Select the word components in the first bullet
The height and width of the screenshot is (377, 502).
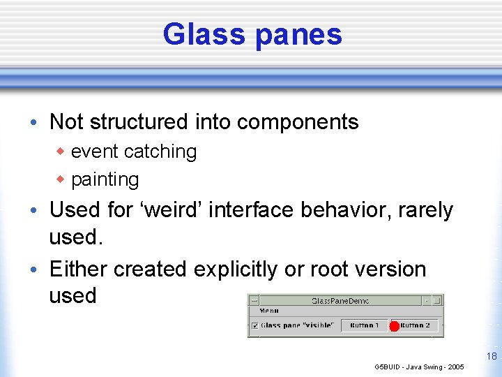pos(298,122)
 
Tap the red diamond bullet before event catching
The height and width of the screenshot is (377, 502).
pos(61,151)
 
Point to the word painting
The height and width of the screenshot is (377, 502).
pos(105,179)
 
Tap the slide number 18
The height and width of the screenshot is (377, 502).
pos(492,356)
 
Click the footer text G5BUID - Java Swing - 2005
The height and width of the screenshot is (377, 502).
pos(419,367)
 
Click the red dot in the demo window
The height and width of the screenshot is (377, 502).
pos(394,326)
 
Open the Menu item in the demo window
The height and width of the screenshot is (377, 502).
pos(268,311)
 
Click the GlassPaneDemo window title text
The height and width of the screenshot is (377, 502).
pos(340,301)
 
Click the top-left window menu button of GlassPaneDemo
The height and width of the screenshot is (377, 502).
pos(254,300)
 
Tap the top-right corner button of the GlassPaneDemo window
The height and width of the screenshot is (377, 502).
pos(437,300)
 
